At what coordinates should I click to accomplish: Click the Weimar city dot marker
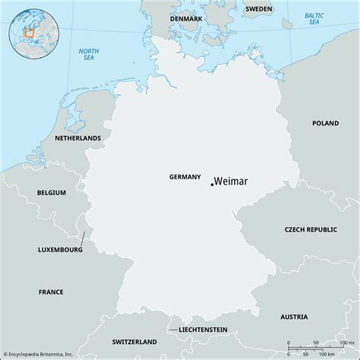(x=211, y=182)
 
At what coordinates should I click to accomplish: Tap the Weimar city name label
(x=232, y=181)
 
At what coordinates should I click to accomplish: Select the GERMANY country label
(x=185, y=176)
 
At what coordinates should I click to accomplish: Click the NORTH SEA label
(x=89, y=55)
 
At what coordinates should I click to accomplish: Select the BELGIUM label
(x=50, y=193)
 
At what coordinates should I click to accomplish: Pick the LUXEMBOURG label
(x=60, y=249)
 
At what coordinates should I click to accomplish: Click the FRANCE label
(x=51, y=291)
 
